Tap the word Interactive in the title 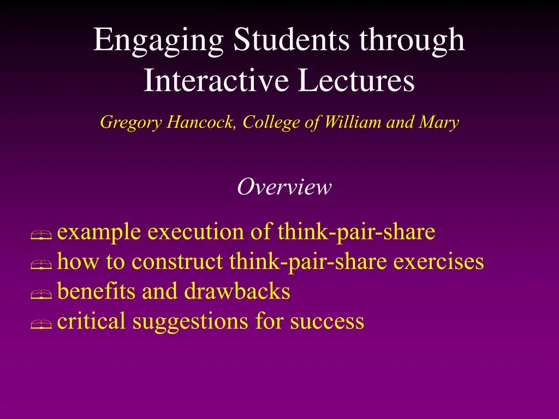(x=216, y=80)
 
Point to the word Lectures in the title (x=356, y=80)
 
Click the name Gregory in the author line (x=131, y=123)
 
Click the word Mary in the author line (x=439, y=123)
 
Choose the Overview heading (x=284, y=187)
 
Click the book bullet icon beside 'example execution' (x=41, y=235)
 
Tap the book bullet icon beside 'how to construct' (x=41, y=265)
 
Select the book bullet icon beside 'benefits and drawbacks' (x=41, y=294)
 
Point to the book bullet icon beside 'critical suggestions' (x=41, y=324)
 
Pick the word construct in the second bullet (x=177, y=261)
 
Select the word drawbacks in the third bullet (x=237, y=291)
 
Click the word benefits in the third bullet (x=96, y=291)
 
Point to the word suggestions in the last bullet (x=191, y=322)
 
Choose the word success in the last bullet (x=327, y=321)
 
